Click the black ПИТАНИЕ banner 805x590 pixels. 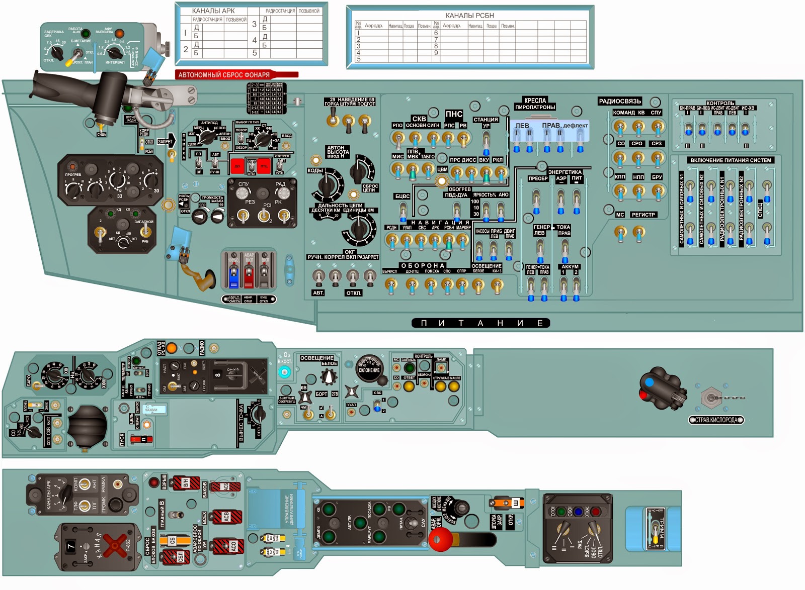480,323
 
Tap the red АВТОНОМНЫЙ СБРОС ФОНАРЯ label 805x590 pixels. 224,75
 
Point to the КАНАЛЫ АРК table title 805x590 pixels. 213,11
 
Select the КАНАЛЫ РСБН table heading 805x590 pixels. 469,16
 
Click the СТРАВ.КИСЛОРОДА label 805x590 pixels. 716,420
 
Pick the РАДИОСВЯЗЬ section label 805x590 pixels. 620,102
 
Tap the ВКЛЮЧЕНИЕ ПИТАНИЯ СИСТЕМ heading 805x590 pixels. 731,160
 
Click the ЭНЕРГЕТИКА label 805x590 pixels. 565,172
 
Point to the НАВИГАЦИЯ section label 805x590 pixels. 440,222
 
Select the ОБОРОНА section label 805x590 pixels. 423,265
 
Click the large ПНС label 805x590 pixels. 454,114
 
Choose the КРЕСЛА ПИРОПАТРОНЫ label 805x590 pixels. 535,104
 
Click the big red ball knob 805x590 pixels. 440,540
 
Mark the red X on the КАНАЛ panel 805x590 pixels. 116,545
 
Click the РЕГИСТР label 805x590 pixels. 643,215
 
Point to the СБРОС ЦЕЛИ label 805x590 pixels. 370,188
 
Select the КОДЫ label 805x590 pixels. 315,170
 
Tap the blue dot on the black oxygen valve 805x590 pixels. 649,382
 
